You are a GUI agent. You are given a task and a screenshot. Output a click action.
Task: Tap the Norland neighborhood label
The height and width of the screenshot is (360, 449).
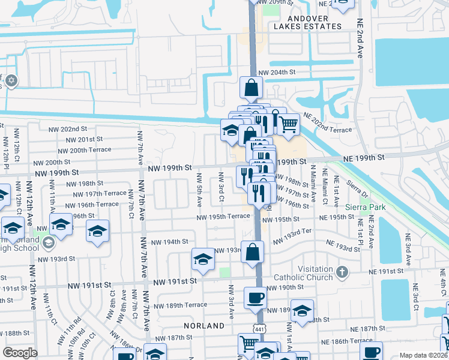(x=204, y=326)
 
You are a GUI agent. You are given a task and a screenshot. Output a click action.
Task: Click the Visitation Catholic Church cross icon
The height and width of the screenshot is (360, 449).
(x=342, y=272)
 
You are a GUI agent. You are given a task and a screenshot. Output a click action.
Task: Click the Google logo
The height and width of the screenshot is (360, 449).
(x=20, y=353)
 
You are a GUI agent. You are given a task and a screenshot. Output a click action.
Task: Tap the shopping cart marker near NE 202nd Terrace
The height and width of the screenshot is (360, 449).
(x=289, y=125)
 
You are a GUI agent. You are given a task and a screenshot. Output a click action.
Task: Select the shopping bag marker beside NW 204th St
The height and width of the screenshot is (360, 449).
(x=251, y=88)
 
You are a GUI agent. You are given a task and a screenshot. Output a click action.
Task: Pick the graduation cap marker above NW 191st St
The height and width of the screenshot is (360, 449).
(x=203, y=259)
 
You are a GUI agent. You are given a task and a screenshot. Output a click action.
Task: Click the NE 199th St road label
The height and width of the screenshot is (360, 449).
(x=363, y=157)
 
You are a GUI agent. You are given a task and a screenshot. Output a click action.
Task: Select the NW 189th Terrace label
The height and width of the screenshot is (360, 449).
(x=179, y=305)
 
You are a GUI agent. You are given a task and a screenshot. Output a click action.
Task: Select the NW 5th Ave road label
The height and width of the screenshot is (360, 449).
(x=199, y=187)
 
